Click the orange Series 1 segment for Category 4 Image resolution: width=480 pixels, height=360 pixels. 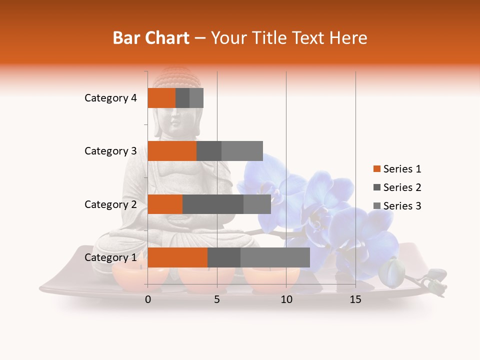[x=161, y=98]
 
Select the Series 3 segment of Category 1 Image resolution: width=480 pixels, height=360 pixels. [x=275, y=257]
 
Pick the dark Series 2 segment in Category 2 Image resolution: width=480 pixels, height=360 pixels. [x=213, y=204]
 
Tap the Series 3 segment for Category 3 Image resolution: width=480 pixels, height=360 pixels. [x=242, y=151]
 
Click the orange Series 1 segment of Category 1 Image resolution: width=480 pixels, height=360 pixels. [x=177, y=257]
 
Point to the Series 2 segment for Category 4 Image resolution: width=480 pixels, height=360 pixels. [x=182, y=98]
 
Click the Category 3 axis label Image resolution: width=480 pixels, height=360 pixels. [x=110, y=151]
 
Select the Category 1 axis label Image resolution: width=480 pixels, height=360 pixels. [x=110, y=257]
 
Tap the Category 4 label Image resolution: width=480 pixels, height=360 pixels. [x=110, y=98]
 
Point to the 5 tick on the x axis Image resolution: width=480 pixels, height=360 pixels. [x=217, y=299]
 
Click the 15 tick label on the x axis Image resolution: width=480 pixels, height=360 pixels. [x=355, y=299]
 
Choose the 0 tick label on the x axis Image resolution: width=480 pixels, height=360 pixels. [x=148, y=299]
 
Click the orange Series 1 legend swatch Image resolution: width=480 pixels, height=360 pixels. [x=376, y=169]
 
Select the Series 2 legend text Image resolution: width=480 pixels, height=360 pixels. [x=402, y=187]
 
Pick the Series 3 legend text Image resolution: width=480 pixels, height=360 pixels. [x=402, y=206]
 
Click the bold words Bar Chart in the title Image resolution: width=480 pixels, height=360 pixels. [x=151, y=38]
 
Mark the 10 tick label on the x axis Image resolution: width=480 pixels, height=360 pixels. [x=286, y=299]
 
